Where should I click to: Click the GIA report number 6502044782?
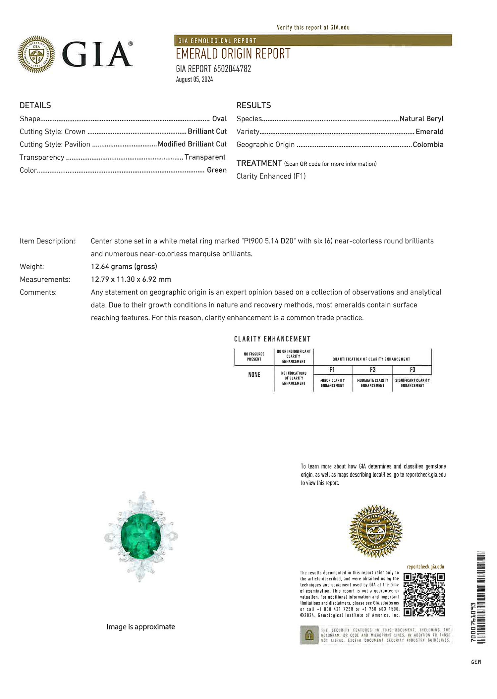232,69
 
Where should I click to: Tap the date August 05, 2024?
194,80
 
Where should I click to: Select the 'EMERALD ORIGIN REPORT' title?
233,54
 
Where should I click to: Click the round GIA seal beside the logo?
36,54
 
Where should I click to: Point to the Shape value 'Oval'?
219,119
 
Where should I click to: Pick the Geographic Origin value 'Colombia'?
428,144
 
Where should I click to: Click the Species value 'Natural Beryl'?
421,119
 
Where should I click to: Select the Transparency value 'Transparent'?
205,157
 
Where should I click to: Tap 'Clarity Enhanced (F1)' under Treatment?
271,176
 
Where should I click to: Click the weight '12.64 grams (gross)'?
124,266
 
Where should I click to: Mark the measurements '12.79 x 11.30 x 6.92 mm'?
131,279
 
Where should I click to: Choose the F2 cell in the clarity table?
372,370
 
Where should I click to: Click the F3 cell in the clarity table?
412,370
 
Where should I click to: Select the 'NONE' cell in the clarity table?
254,375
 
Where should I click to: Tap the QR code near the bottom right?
424,595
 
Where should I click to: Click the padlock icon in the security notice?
309,635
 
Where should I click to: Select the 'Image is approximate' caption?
141,627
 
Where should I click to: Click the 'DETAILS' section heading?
35,105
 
